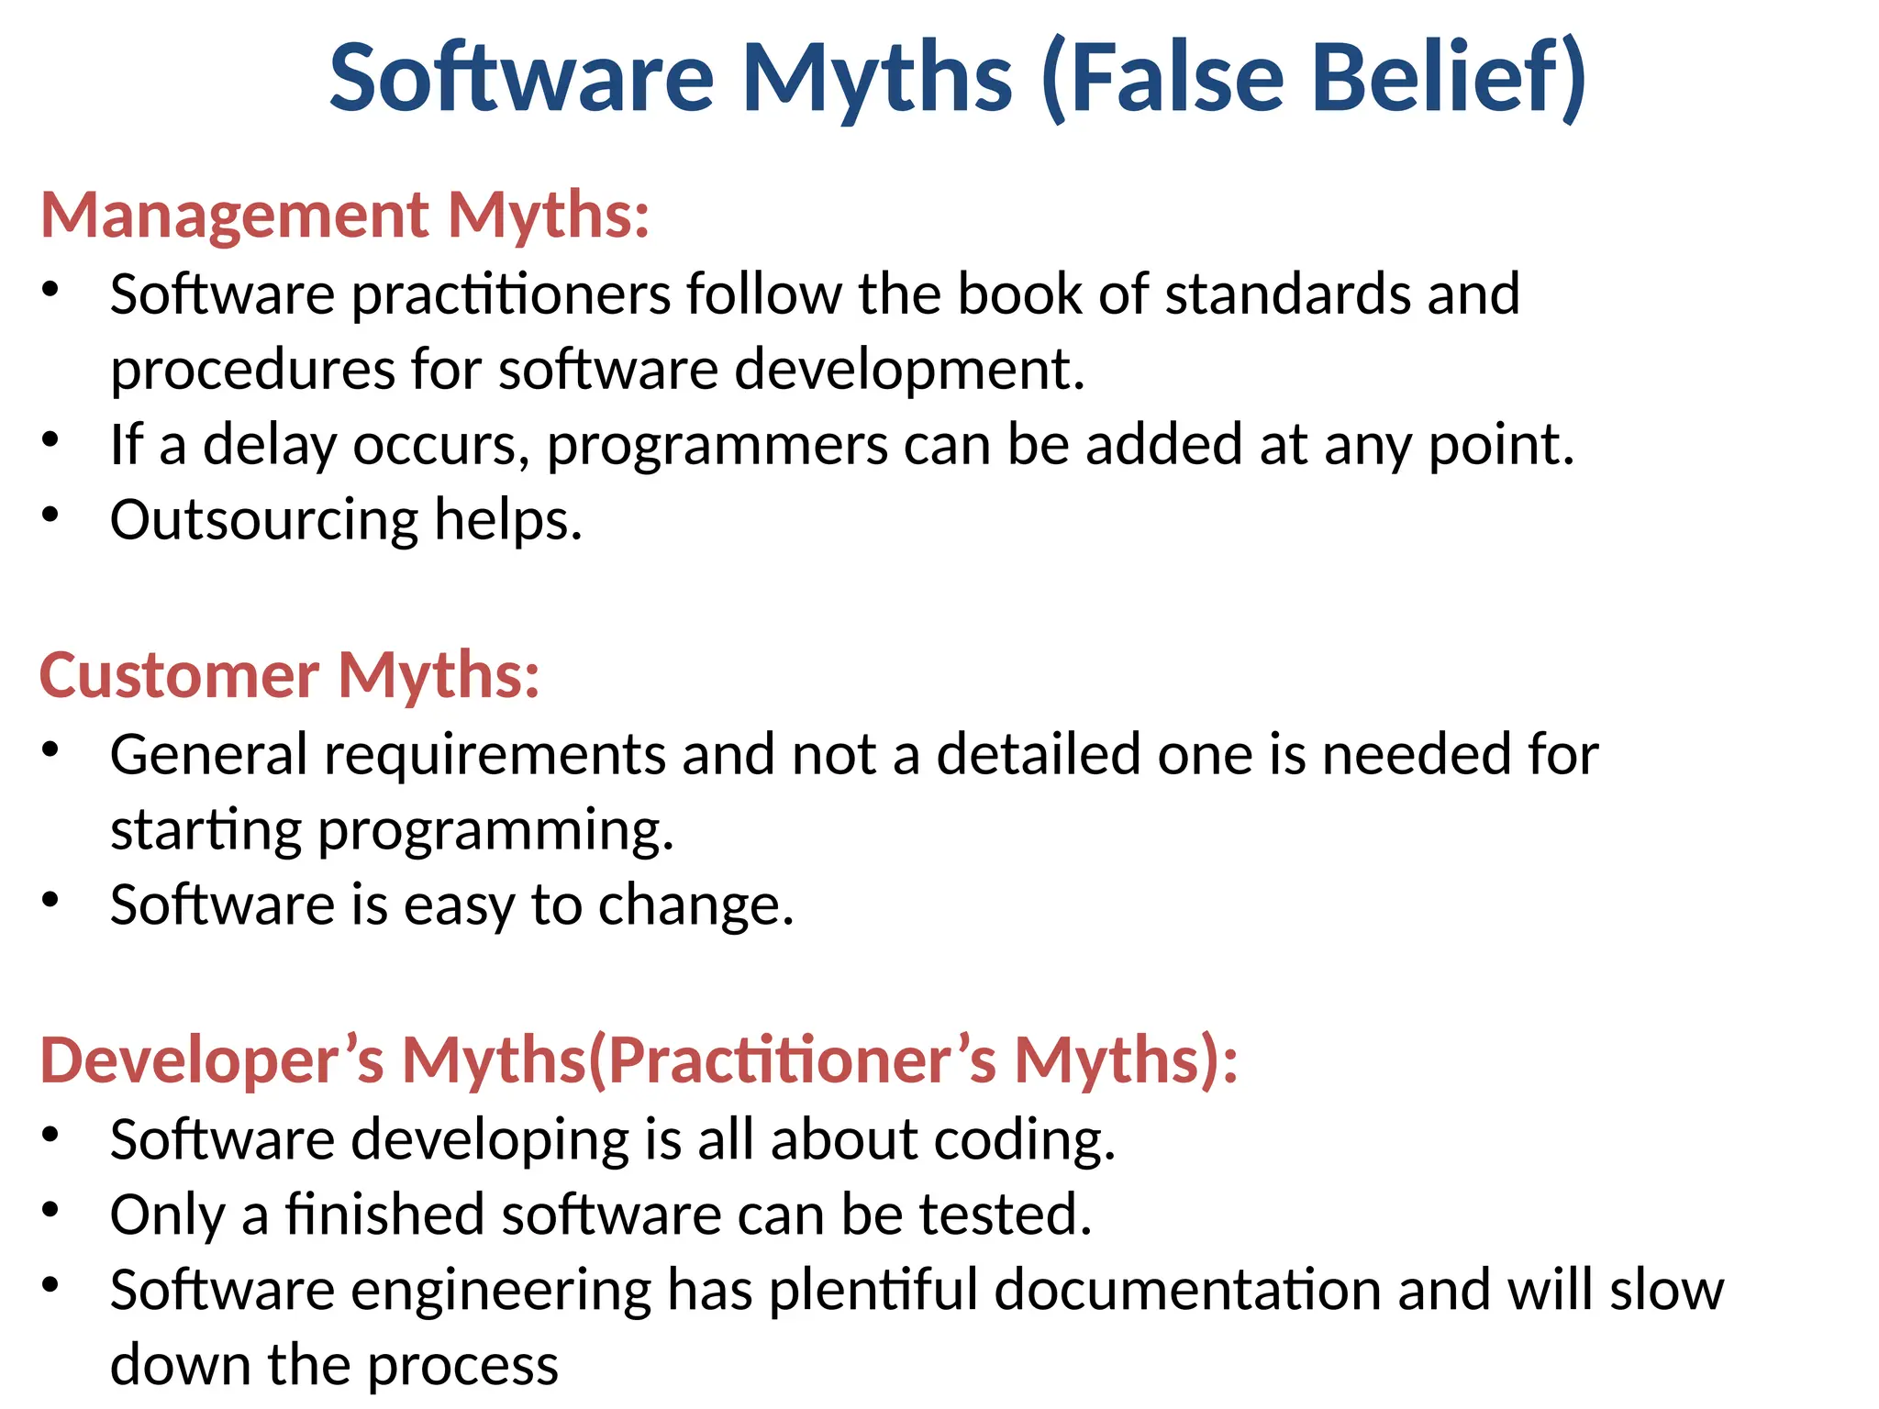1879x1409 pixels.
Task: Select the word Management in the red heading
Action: tap(235, 216)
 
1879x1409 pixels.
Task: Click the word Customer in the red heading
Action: tap(179, 676)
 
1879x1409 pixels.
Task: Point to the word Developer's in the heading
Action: tap(212, 1061)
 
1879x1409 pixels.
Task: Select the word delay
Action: tap(270, 446)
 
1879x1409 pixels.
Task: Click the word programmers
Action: tap(717, 446)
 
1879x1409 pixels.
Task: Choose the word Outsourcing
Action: tap(264, 521)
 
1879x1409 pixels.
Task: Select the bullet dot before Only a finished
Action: tap(50, 1210)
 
